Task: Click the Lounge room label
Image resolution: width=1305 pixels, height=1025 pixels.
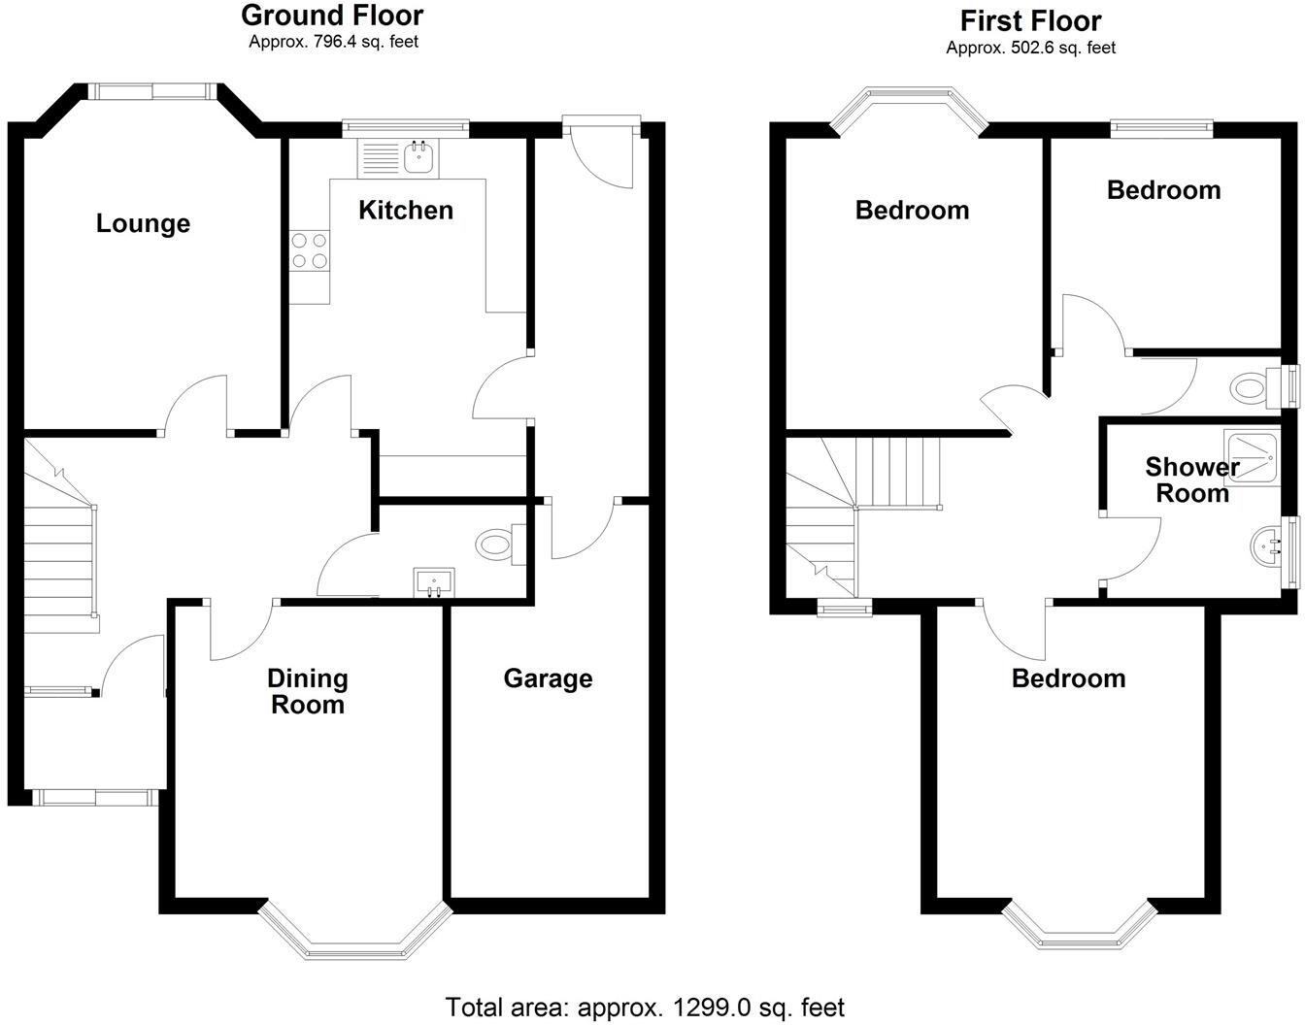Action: click(x=143, y=224)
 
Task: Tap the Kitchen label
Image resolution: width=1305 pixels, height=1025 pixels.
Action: click(x=406, y=211)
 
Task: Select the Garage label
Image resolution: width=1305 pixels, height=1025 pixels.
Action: click(x=548, y=678)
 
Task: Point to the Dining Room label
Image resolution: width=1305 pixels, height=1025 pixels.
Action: click(x=308, y=691)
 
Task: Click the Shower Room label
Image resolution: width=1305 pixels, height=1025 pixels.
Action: click(x=1192, y=479)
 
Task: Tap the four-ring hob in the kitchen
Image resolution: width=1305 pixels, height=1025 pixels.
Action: click(x=309, y=250)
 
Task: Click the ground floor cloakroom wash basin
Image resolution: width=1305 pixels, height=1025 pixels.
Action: click(x=433, y=581)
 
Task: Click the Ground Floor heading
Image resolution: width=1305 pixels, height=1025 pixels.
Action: click(x=332, y=16)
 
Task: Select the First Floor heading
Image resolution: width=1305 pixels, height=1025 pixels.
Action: click(x=1030, y=20)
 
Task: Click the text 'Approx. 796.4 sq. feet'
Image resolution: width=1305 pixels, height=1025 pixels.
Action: click(x=333, y=42)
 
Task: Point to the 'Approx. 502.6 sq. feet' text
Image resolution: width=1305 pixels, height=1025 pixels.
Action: click(x=1030, y=48)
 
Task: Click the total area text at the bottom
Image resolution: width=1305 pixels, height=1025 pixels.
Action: click(x=645, y=1008)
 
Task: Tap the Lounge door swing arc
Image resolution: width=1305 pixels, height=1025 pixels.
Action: click(x=194, y=403)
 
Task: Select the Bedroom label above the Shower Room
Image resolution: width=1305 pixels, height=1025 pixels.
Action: click(x=1163, y=190)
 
